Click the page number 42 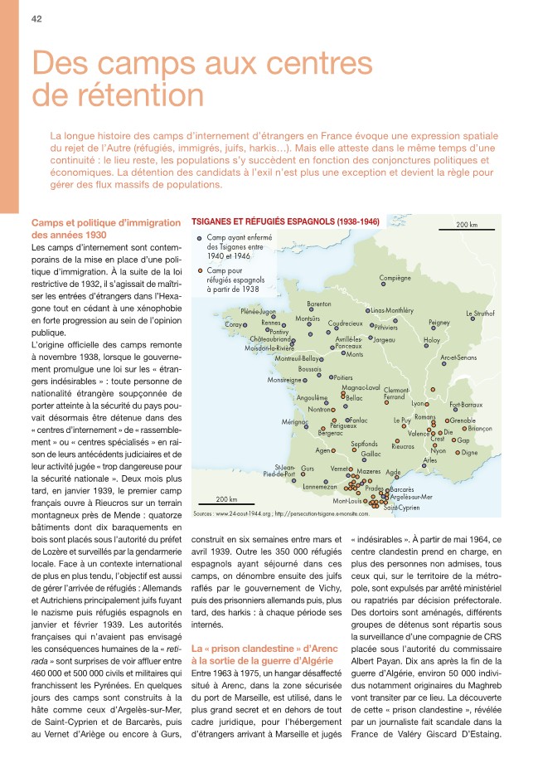(36, 19)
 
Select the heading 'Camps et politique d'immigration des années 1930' (104, 228)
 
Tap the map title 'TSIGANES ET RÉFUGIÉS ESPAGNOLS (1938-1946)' (285, 222)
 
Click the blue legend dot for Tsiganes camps (199, 237)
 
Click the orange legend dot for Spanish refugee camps (199, 270)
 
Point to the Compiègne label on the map (395, 277)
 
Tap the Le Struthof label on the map (480, 314)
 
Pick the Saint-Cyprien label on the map (400, 507)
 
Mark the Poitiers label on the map (342, 377)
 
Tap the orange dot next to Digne (457, 453)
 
